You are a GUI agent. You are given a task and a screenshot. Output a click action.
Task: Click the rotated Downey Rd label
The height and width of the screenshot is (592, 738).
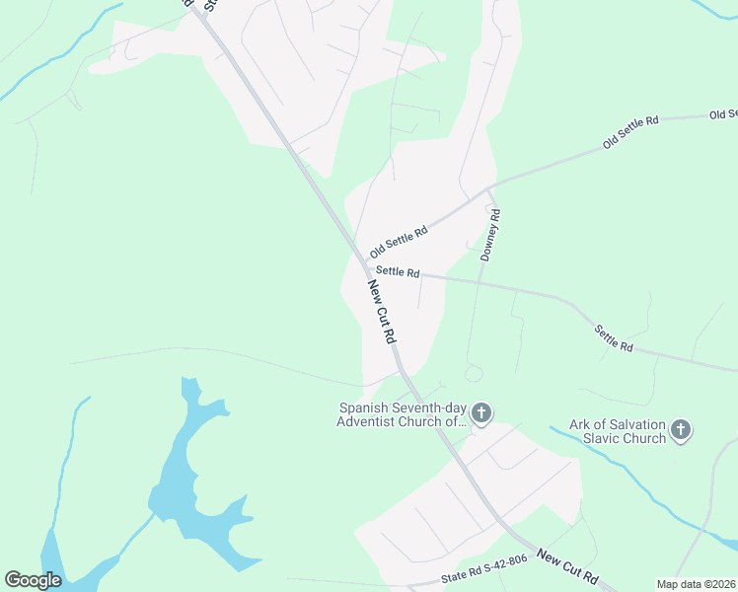(x=490, y=235)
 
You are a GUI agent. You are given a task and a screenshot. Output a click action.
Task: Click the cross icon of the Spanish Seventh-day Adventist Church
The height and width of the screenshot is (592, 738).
(x=480, y=413)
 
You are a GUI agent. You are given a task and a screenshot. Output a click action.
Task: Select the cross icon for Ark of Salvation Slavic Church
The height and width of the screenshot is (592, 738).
(x=681, y=429)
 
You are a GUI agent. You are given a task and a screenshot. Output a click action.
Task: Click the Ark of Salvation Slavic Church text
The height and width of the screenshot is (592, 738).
(x=618, y=431)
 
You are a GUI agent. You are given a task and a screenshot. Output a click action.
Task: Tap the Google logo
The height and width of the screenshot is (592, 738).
(x=33, y=580)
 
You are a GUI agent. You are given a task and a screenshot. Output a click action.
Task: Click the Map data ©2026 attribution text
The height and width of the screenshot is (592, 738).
(x=696, y=584)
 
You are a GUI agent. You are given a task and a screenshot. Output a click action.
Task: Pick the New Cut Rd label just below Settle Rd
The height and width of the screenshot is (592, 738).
(x=382, y=312)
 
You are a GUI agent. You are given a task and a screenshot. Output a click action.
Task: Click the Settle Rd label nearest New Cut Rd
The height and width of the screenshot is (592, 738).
(x=398, y=272)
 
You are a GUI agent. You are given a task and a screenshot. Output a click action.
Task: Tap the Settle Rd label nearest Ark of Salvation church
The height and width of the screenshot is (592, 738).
(x=613, y=338)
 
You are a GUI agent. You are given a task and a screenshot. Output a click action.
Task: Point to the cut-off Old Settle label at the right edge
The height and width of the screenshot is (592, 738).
(x=723, y=115)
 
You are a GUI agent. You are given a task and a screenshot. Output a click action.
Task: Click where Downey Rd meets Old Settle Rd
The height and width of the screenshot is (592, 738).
(x=490, y=187)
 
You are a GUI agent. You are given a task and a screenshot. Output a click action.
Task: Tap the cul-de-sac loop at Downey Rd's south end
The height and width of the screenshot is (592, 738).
(x=473, y=373)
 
